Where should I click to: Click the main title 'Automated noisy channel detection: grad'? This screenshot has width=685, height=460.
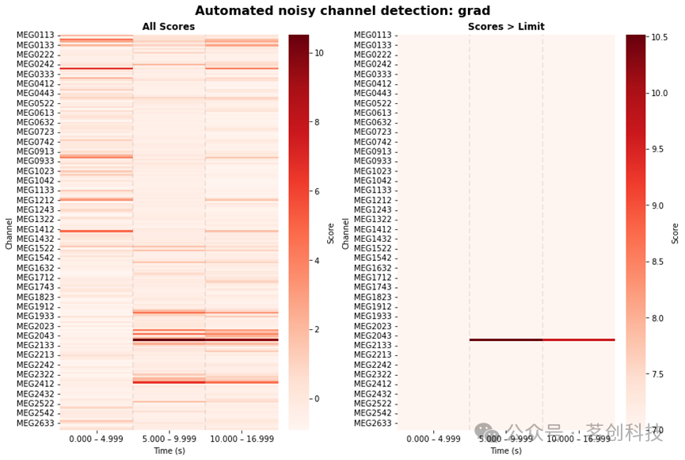point(342,10)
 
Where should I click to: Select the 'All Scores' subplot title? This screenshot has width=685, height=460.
point(169,27)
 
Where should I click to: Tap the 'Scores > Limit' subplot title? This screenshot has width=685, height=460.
point(506,27)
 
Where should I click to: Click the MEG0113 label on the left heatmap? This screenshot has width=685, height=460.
point(36,35)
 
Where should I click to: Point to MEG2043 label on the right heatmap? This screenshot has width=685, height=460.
point(373,335)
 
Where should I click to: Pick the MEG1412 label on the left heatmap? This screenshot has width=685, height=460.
point(36,229)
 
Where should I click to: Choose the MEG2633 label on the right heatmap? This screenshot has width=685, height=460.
point(373,423)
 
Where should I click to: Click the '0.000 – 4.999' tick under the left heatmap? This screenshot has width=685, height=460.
point(96,439)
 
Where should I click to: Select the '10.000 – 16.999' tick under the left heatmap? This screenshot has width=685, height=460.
point(242,439)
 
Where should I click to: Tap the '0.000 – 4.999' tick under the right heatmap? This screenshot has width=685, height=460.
point(433,439)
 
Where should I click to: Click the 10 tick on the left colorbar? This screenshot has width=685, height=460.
point(319,53)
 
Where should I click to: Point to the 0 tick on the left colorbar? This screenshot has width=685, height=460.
point(317,399)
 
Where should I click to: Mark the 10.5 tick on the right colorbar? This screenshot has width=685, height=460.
point(660,37)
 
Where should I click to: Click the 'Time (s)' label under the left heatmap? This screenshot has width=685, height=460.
point(169,450)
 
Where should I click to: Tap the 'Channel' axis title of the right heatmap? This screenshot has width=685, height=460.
point(345,234)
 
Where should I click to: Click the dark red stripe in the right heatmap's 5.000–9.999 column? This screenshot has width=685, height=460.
point(506,339)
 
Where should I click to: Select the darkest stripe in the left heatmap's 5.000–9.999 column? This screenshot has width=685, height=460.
point(169,339)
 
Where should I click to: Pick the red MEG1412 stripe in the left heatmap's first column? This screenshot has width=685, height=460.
point(96,231)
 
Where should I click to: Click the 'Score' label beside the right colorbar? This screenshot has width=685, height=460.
point(675,233)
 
